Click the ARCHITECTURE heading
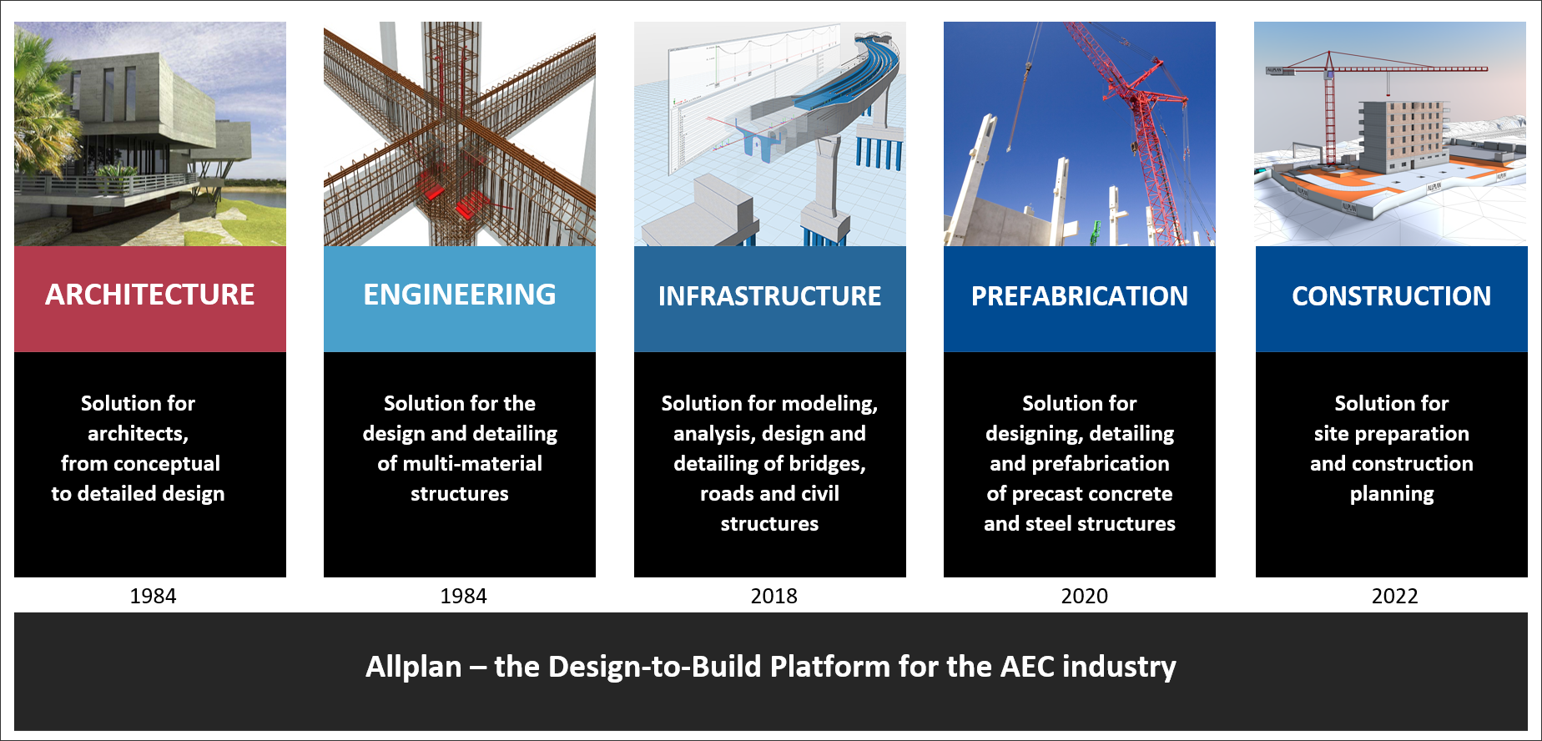pyautogui.click(x=150, y=295)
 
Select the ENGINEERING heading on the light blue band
pyautogui.click(x=460, y=295)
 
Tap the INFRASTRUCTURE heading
pyautogui.click(x=769, y=296)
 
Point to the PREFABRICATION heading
pyautogui.click(x=1080, y=296)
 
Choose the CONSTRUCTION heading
pyautogui.click(x=1392, y=296)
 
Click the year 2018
pyautogui.click(x=774, y=596)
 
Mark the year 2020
pyautogui.click(x=1085, y=596)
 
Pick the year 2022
pyautogui.click(x=1395, y=596)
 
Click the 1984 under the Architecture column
pyautogui.click(x=154, y=596)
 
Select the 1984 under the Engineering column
pyautogui.click(x=464, y=596)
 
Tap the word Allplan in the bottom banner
pyautogui.click(x=414, y=668)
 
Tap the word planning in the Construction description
pyautogui.click(x=1392, y=495)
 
